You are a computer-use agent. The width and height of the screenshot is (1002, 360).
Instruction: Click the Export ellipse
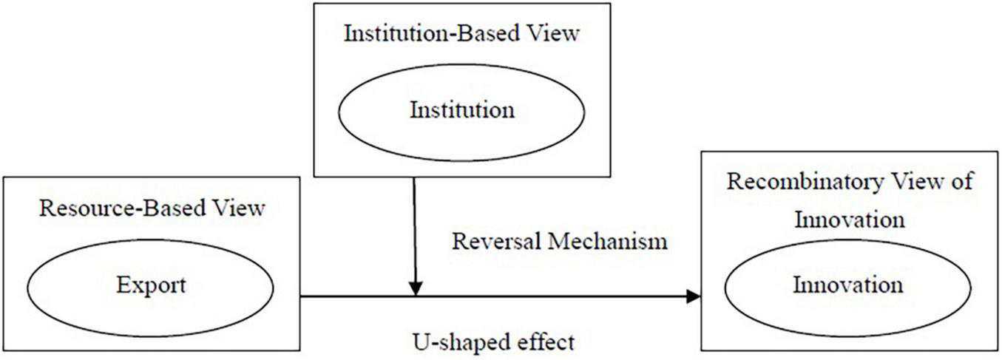[151, 285]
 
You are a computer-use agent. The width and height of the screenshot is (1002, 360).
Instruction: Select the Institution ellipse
[461, 111]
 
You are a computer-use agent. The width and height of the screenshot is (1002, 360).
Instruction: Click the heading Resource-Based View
[152, 208]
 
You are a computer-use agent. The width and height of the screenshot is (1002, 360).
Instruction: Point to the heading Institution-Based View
[461, 34]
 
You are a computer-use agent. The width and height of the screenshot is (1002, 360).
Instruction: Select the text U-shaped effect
[492, 342]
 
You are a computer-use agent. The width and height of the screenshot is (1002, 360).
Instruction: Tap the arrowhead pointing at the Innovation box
[693, 296]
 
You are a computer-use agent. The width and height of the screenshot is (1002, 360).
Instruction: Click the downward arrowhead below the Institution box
[416, 288]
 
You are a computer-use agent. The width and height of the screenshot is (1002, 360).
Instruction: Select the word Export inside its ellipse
[151, 285]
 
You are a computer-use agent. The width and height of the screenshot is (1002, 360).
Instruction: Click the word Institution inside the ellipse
[461, 111]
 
